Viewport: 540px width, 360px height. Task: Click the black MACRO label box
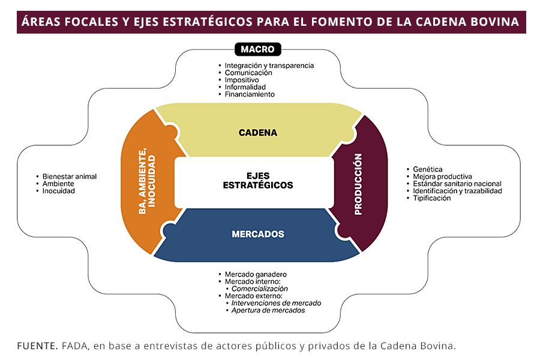[257, 49]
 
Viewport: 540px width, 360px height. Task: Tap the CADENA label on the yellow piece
[258, 133]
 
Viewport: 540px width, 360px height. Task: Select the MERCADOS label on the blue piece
[258, 234]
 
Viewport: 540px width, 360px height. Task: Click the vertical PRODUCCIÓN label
[358, 184]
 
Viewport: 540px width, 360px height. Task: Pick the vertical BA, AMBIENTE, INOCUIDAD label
[147, 184]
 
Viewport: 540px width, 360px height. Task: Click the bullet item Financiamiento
[250, 94]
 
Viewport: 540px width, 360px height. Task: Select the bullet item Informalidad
[245, 87]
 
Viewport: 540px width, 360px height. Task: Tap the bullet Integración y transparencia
[269, 65]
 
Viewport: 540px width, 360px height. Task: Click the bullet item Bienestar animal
[70, 176]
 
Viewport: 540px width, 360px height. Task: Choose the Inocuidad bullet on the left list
[59, 191]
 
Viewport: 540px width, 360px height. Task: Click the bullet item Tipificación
[431, 198]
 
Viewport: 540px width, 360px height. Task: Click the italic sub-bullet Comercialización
[260, 289]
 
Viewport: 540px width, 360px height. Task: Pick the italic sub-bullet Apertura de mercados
[268, 310]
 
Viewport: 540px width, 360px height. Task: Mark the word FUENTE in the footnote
[37, 346]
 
